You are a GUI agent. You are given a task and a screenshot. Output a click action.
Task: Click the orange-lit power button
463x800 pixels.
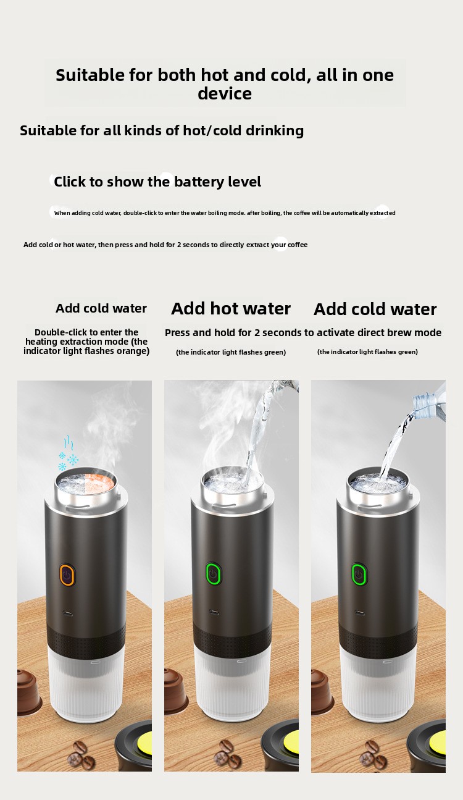pos(67,575)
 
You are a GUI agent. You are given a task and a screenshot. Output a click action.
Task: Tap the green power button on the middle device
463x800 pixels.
pos(214,574)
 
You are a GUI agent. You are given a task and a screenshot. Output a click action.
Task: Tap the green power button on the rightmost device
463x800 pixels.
pos(359,574)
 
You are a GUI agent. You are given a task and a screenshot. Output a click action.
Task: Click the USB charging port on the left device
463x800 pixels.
pos(67,613)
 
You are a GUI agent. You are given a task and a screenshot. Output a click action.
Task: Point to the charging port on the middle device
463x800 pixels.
pos(214,613)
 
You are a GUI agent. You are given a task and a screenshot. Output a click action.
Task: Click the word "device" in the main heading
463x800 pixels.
pos(225,93)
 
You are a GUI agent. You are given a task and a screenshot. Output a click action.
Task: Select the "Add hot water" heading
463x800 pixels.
pos(231,309)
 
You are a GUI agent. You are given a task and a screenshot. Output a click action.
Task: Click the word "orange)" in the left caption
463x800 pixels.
pos(133,351)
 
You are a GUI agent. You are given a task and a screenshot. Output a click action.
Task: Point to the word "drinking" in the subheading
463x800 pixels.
pos(275,131)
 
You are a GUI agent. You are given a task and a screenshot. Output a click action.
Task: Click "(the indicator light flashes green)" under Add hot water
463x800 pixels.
pos(231,352)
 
